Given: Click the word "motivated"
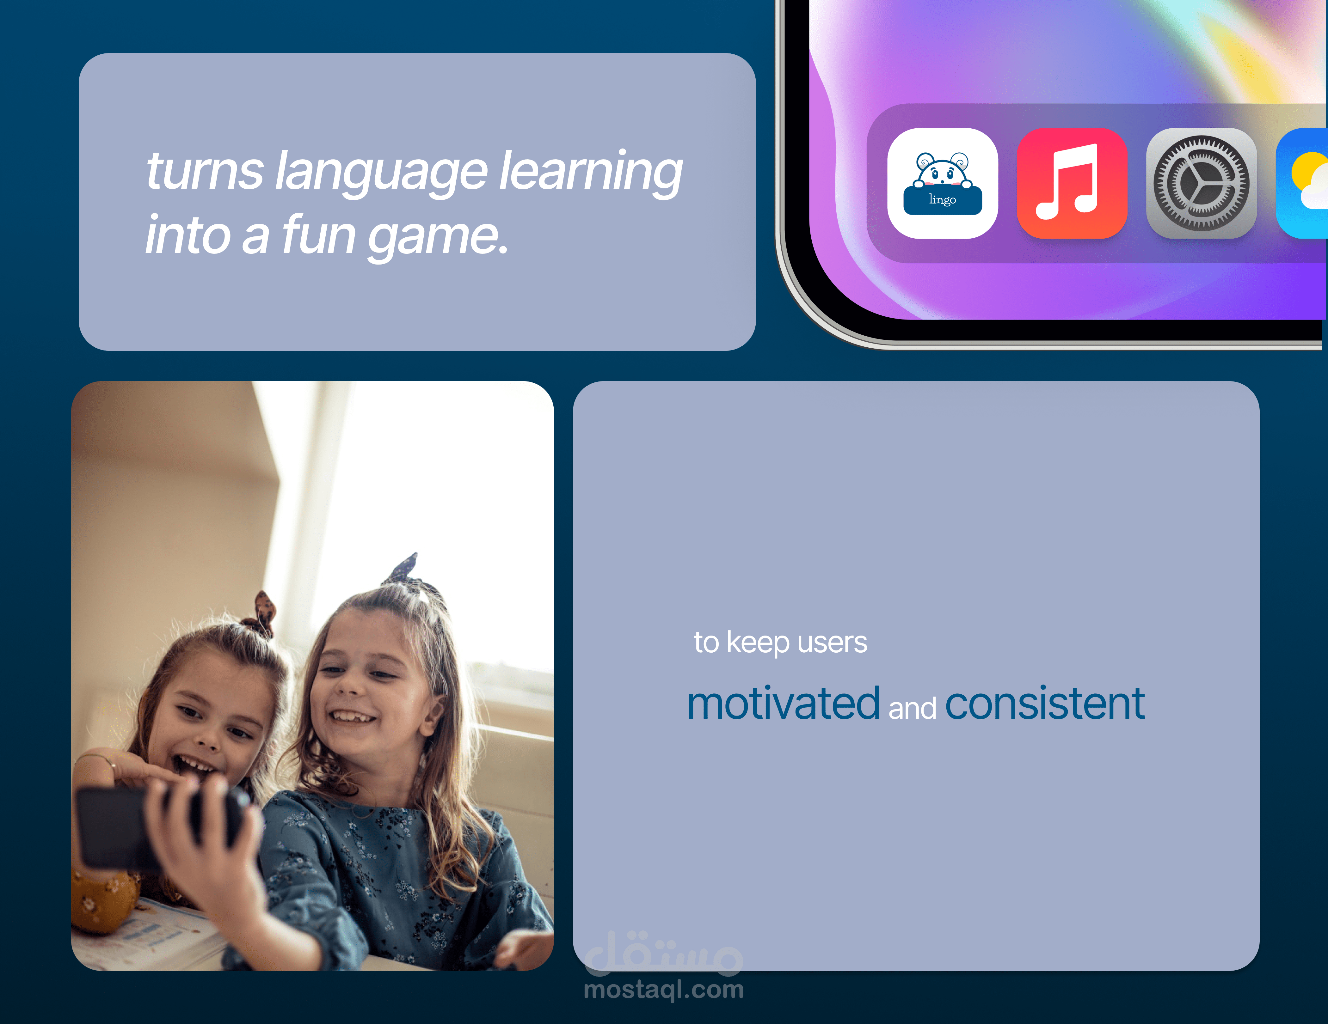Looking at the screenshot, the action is [784, 704].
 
